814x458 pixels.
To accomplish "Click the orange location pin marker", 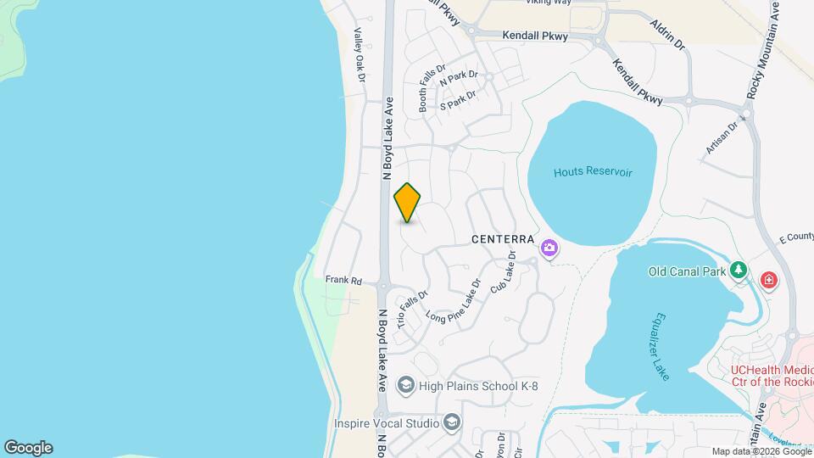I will coord(408,203).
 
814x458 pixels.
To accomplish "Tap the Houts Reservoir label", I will coord(593,172).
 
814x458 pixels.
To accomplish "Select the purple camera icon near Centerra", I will coord(549,248).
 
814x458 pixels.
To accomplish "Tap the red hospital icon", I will coord(769,279).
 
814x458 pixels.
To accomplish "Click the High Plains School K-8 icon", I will coord(405,387).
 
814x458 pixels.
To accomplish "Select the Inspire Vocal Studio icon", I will coord(452,422).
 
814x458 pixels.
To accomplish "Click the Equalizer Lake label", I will coord(658,346).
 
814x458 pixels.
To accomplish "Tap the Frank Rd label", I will coord(343,279).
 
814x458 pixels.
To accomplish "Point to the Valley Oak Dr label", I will coord(359,55).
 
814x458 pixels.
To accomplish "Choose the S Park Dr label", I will coord(458,101).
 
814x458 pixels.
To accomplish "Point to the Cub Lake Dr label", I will coord(504,272).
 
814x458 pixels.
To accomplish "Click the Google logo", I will coord(28,448).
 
